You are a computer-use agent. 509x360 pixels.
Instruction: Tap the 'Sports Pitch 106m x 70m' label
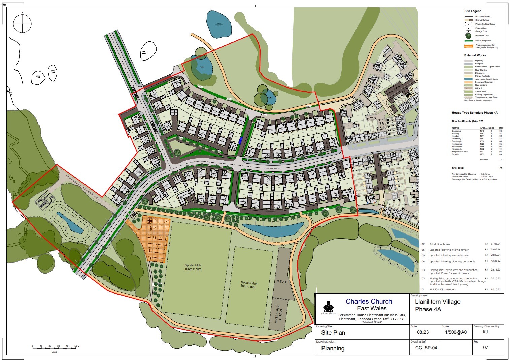193,267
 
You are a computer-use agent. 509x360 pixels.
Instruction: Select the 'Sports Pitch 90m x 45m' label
249,285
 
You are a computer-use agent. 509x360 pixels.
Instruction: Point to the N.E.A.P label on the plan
282,281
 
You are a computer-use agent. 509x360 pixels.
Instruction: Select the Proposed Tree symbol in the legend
468,36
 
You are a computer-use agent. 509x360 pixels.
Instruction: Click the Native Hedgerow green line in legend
469,41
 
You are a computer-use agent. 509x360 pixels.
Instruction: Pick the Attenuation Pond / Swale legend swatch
469,79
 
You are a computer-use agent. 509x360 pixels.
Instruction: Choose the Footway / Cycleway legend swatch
469,82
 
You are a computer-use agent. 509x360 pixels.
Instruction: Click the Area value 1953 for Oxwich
482,154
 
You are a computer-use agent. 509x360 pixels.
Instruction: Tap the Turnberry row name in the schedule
456,139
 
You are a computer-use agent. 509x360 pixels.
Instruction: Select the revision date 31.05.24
495,244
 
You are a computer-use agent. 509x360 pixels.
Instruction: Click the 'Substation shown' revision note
439,244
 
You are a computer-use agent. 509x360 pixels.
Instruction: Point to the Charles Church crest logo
328,308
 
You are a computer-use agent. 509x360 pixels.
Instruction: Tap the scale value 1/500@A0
456,332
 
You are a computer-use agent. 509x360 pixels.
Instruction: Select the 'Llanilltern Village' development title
437,302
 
